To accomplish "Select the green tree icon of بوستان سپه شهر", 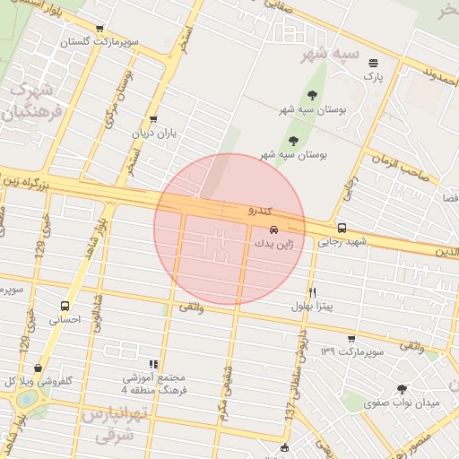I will (x=293, y=140).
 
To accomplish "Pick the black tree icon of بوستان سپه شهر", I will (x=312, y=94).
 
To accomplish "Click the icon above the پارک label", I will (x=373, y=63).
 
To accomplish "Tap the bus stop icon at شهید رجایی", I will (x=342, y=228).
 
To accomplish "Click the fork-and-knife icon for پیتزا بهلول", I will (x=312, y=292).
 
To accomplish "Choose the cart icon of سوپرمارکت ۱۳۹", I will (x=351, y=338).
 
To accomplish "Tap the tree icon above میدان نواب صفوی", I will (x=401, y=389).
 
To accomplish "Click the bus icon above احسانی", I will (x=65, y=306).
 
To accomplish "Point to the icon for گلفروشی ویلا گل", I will (x=38, y=368).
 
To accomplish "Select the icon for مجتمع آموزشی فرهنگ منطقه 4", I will (x=154, y=364).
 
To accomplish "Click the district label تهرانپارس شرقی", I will (x=113, y=425).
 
